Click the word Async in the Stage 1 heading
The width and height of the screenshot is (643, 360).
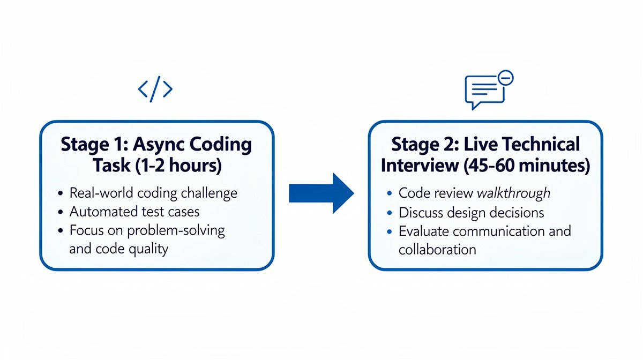coord(161,145)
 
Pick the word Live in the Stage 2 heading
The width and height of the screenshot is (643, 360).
coord(485,145)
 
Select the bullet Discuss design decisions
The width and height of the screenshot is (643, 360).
coord(471,212)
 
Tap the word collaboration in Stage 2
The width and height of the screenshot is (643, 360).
coord(437,249)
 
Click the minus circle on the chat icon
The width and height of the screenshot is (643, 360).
coord(505,78)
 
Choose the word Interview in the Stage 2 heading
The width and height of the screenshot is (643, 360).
coord(418,166)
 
